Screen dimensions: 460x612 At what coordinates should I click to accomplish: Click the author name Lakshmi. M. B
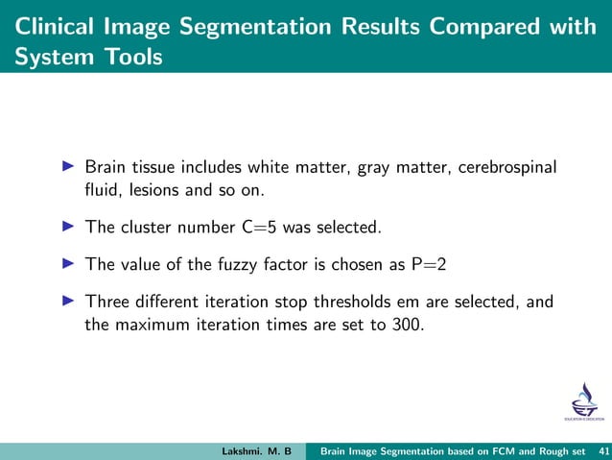click(256, 450)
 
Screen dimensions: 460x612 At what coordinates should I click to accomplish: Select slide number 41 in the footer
click(602, 450)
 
